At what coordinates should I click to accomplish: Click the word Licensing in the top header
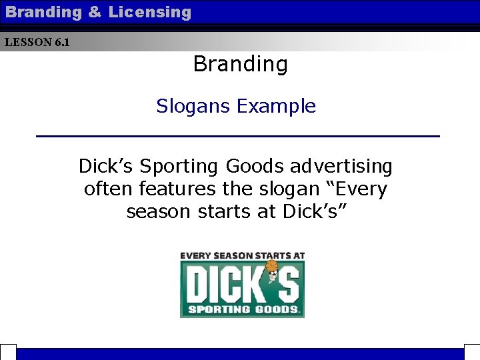click(149, 12)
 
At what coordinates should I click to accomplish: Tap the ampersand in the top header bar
click(94, 12)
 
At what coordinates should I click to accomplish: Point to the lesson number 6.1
click(61, 43)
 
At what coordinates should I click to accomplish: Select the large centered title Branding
click(240, 64)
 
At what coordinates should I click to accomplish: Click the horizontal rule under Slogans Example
click(238, 136)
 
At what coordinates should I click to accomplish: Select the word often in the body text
click(109, 189)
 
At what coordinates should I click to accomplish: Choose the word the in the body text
click(234, 189)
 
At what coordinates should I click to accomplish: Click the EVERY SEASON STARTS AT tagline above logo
click(242, 255)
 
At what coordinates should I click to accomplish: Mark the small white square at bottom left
click(7, 353)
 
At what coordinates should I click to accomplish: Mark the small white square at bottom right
click(472, 353)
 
